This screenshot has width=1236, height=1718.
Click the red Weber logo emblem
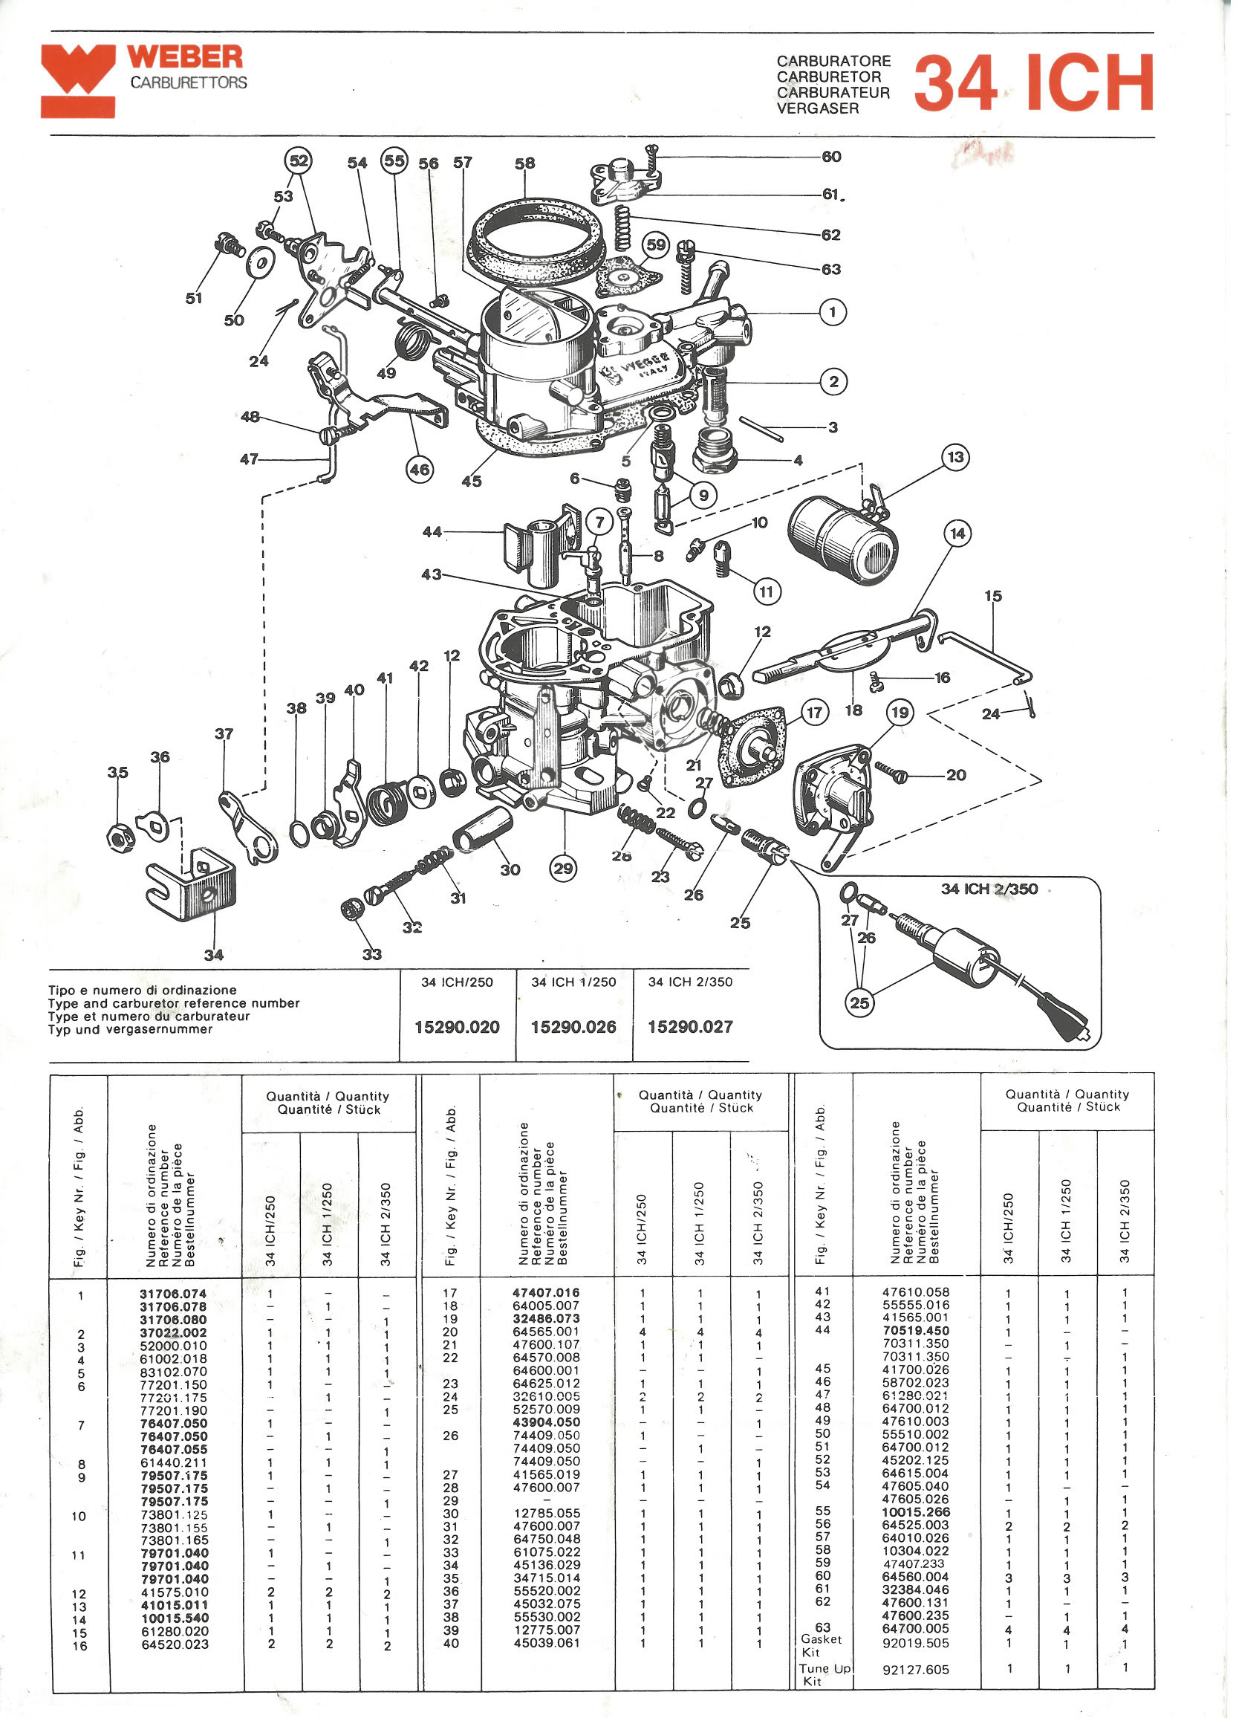78,80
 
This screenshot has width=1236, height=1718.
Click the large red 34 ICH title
1035,82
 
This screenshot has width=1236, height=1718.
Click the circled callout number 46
420,470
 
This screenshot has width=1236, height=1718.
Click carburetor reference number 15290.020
457,1027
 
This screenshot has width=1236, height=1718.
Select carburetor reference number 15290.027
690,1027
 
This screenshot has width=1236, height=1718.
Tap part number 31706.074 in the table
172,1294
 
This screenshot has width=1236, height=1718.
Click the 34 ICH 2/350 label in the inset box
989,889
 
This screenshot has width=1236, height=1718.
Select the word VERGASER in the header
818,108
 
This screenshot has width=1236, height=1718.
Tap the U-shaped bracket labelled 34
191,886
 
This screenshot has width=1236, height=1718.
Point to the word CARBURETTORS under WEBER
189,82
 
